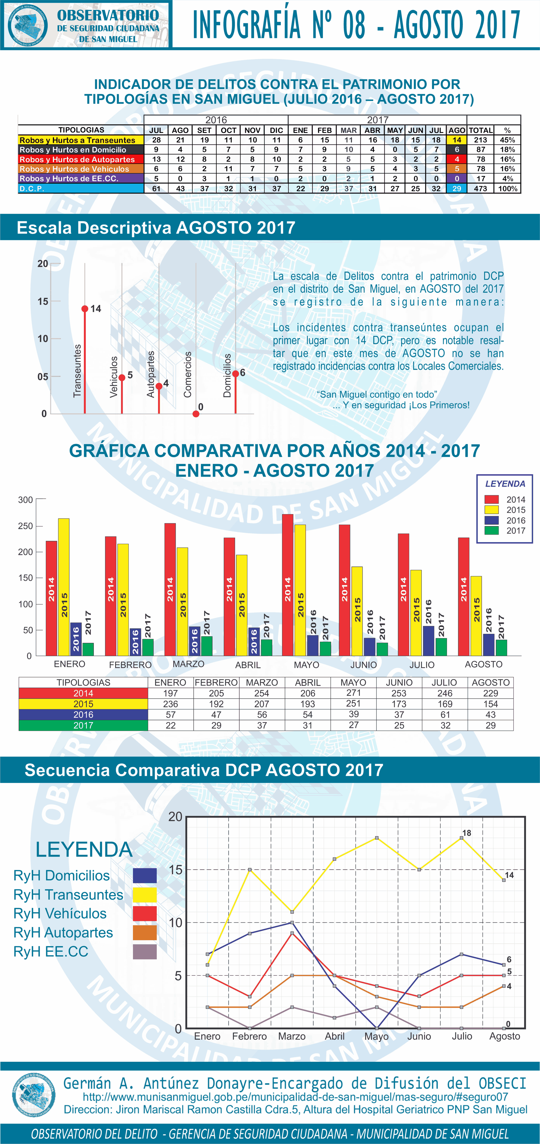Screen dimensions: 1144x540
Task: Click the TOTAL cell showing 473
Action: click(x=480, y=188)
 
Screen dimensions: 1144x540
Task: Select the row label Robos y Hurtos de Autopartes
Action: click(x=77, y=159)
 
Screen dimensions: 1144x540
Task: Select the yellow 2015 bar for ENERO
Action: click(x=64, y=586)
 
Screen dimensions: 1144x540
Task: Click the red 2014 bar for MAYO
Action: click(x=288, y=584)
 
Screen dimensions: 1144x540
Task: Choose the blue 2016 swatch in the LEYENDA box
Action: click(x=491, y=520)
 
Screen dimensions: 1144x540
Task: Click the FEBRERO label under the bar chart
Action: click(x=130, y=665)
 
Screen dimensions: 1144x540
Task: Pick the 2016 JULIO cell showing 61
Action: click(x=445, y=714)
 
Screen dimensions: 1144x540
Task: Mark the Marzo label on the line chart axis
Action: click(x=292, y=1036)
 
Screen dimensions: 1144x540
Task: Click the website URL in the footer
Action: click(x=295, y=1097)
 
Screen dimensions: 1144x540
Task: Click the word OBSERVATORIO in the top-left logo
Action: click(x=108, y=16)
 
